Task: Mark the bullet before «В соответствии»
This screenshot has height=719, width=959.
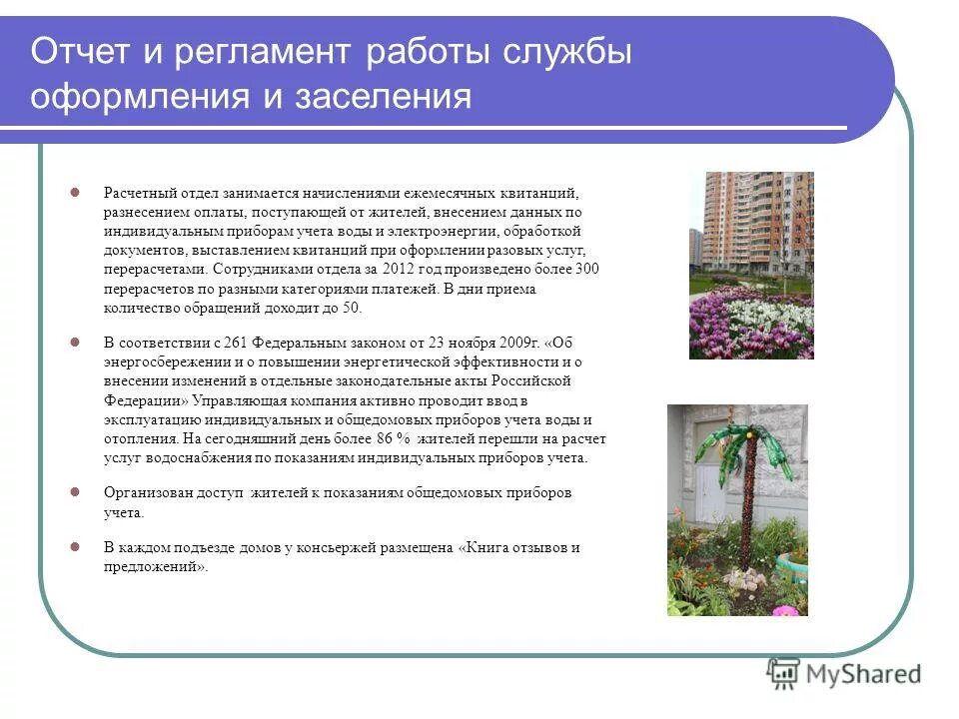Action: (75, 343)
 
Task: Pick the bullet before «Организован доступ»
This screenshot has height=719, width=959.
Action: (75, 493)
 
